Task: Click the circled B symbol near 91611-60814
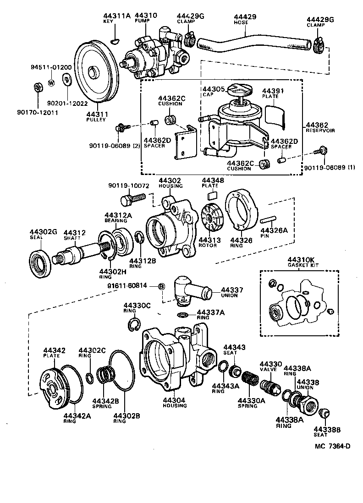tap(161, 287)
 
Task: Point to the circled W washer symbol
tap(51, 82)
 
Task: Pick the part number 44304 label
tap(174, 400)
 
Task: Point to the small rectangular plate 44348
tap(212, 196)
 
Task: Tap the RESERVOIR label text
tap(320, 131)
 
